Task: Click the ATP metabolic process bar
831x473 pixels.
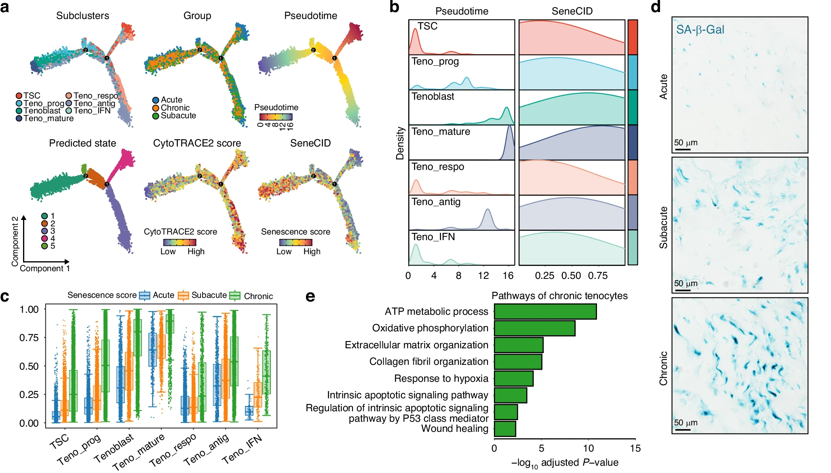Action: [x=545, y=312]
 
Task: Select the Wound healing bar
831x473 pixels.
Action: [x=505, y=429]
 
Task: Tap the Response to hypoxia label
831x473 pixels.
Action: [x=441, y=379]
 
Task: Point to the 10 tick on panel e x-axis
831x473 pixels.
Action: [x=588, y=448]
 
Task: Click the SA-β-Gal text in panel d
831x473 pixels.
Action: [x=700, y=30]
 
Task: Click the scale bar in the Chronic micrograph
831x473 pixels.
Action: [x=683, y=429]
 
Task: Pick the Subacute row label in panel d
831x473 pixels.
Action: [x=663, y=228]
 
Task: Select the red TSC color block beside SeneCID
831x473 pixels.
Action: [x=633, y=37]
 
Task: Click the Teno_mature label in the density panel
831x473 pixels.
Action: [x=441, y=132]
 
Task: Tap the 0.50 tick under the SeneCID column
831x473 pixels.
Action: [x=571, y=276]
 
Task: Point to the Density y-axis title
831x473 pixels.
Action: [x=400, y=143]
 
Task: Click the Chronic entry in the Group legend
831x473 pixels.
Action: [x=175, y=108]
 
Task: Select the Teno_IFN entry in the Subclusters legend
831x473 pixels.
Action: [x=92, y=111]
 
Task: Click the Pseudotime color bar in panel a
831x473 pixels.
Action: [x=276, y=117]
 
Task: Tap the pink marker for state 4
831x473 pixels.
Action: [x=44, y=239]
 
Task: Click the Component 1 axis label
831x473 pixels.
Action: [x=44, y=268]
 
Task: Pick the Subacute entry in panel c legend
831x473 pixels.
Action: [x=209, y=295]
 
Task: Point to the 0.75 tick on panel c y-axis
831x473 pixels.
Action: [x=29, y=337]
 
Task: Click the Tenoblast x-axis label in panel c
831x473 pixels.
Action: [x=114, y=448]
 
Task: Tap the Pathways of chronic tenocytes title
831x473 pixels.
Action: [x=559, y=296]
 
